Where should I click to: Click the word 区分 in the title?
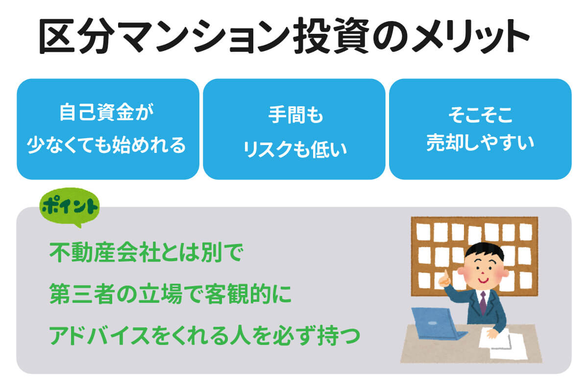click(76, 36)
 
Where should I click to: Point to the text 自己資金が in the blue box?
click(106, 112)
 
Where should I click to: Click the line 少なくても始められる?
click(106, 145)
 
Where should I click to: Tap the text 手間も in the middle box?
click(295, 115)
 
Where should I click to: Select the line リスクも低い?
click(295, 149)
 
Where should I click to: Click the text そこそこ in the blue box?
click(480, 115)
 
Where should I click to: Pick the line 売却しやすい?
click(480, 143)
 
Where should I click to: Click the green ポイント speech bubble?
click(70, 207)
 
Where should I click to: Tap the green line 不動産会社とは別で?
click(146, 252)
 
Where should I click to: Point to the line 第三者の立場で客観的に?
click(171, 294)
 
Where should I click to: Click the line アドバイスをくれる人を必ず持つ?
click(205, 335)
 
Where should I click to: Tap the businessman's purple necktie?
click(483, 303)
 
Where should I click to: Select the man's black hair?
click(485, 251)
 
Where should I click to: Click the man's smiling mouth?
click(484, 281)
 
